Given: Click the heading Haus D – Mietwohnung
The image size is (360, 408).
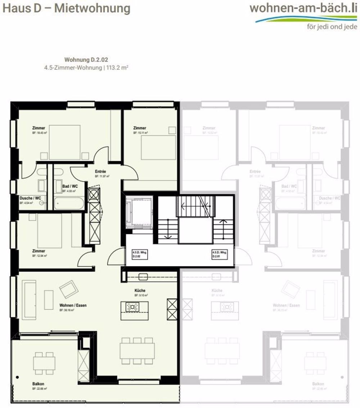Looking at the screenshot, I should pyautogui.click(x=67, y=9).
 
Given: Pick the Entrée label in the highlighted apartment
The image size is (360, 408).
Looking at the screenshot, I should pyautogui.click(x=100, y=172).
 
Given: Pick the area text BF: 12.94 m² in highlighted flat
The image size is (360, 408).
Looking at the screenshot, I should pyautogui.click(x=40, y=256).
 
